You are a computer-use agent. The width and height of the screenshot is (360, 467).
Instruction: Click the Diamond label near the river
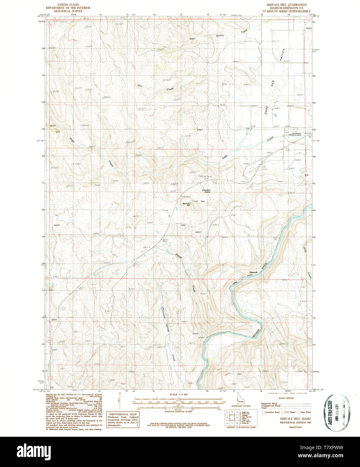coord(253,272)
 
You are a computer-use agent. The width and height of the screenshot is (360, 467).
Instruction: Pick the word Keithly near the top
coord(220,35)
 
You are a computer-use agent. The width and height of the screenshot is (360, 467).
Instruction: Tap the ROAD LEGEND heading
coord(286,398)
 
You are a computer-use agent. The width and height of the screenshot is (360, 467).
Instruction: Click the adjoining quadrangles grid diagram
coord(232,418)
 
